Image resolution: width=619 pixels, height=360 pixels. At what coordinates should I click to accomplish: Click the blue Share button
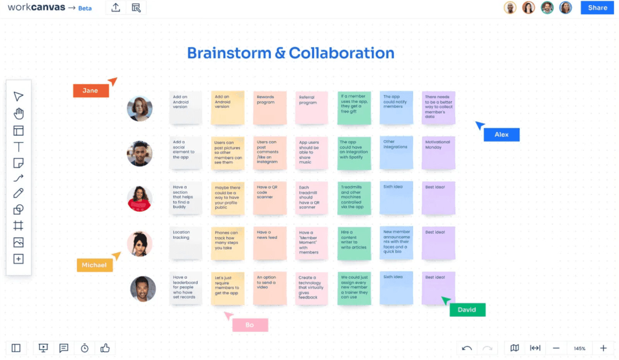point(597,8)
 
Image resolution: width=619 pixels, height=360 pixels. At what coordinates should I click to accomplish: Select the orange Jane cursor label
point(91,91)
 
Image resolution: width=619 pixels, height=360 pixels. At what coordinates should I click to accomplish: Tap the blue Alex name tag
point(501,135)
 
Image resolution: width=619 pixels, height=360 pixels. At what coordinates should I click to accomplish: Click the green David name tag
point(467,310)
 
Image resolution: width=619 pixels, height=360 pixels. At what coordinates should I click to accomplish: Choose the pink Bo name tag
point(250,325)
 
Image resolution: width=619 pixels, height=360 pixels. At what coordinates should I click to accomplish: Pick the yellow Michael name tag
point(94,265)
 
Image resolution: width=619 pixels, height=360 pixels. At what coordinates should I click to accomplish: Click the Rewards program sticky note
point(270,108)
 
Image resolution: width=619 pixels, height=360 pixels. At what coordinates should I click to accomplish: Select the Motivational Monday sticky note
point(438,153)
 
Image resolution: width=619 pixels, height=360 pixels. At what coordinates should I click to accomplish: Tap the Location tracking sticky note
point(185,243)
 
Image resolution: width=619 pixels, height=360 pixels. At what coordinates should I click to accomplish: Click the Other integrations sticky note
point(396,153)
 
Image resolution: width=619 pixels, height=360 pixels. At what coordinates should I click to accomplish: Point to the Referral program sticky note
point(311,108)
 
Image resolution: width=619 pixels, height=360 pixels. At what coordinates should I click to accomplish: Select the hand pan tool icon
point(19,114)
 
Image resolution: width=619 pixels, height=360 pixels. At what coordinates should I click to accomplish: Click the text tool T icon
point(19,147)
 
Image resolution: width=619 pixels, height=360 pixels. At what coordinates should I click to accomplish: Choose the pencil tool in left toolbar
point(19,193)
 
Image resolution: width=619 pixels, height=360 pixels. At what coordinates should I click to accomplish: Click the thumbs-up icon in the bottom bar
point(105,348)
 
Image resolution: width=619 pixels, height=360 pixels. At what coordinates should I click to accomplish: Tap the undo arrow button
point(467,348)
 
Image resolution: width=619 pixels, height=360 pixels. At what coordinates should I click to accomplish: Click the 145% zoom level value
point(580,348)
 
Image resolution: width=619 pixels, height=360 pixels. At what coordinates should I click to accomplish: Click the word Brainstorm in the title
point(229,53)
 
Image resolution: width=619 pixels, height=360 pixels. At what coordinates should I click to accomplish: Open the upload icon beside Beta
point(116,8)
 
